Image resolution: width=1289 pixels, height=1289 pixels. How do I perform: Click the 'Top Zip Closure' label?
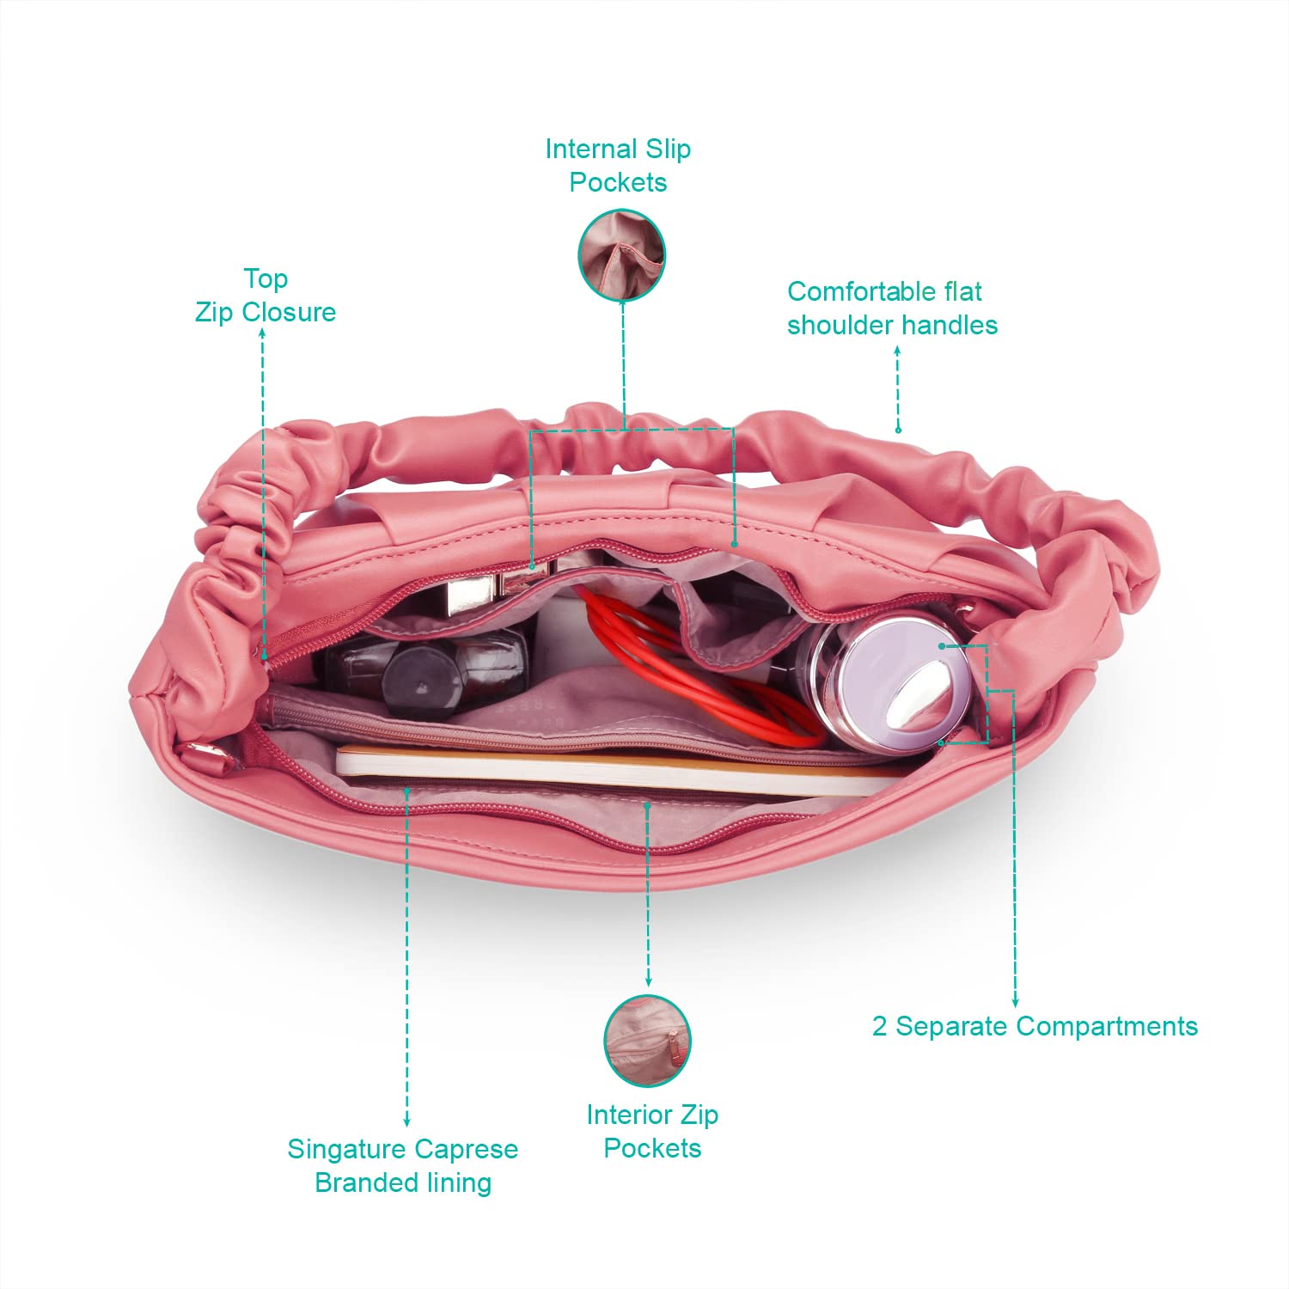pos(266,296)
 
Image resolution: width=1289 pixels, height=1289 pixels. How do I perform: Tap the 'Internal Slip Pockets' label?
pos(618,166)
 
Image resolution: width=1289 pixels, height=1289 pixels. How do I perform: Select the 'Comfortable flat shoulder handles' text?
pos(892,309)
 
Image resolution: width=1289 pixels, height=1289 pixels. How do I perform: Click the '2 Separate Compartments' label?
pos(1035,1026)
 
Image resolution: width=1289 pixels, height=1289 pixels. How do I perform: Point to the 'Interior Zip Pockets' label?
pos(652,1131)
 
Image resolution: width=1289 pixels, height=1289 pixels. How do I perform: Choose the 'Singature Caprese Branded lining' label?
pos(403,1165)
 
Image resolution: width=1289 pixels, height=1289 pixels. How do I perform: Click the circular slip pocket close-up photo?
pos(622,255)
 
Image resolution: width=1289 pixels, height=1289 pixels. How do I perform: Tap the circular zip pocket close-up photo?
pos(647,1041)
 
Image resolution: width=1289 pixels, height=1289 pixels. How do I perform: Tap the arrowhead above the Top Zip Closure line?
pos(263,333)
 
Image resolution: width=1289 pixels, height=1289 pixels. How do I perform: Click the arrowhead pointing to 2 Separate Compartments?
pos(1015,1002)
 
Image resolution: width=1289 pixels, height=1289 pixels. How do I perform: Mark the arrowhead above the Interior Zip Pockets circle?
pos(648,981)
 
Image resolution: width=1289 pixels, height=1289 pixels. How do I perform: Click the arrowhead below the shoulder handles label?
pos(897,350)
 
